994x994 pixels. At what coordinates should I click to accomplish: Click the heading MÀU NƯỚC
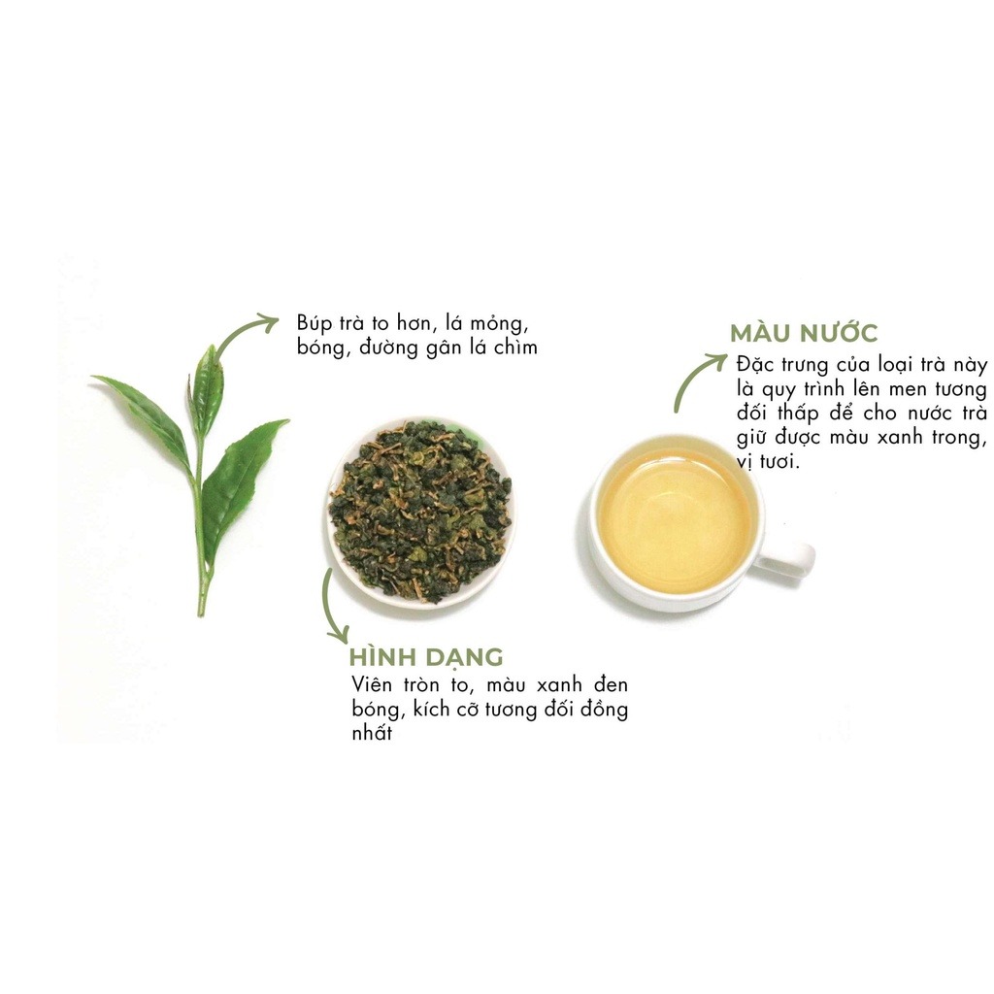click(x=804, y=333)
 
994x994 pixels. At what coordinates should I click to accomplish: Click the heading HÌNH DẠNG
click(x=426, y=657)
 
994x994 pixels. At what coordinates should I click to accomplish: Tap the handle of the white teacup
click(x=786, y=558)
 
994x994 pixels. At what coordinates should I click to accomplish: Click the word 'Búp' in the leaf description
click(x=315, y=324)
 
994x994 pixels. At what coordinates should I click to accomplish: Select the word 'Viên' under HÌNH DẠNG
click(x=372, y=685)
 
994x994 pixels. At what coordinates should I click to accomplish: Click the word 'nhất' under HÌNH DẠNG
click(x=372, y=733)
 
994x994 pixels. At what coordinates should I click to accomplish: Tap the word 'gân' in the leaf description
click(x=443, y=348)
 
